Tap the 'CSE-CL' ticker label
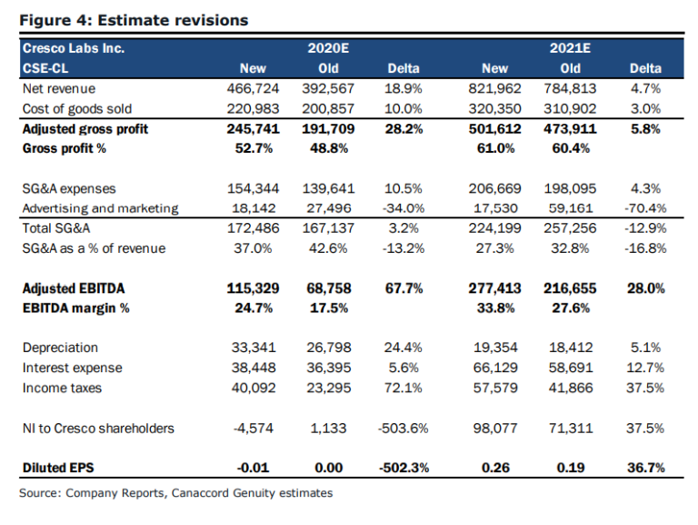click(x=46, y=68)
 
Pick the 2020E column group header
click(x=324, y=48)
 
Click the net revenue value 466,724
click(x=252, y=89)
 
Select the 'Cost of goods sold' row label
click(x=79, y=109)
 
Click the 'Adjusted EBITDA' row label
click(x=74, y=288)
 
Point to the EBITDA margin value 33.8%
click(x=496, y=308)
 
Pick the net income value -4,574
click(x=257, y=428)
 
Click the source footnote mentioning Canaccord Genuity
click(x=175, y=493)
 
